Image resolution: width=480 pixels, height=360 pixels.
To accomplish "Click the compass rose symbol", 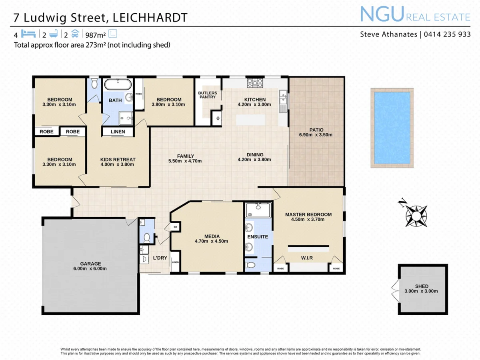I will click(416, 215).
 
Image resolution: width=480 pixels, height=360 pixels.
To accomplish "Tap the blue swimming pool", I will click(392, 128).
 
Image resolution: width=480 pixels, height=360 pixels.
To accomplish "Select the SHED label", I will click(422, 286).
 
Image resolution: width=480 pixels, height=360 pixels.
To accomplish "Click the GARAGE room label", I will click(90, 264).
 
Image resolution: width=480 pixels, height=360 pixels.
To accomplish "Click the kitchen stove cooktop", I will click(255, 83).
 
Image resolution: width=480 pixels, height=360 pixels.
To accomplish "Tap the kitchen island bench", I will click(251, 120).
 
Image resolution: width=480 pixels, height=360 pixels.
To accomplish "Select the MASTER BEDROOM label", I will click(308, 214).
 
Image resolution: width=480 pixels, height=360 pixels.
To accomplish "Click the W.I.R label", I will click(307, 258).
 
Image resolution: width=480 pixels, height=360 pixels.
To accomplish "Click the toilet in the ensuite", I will click(251, 265).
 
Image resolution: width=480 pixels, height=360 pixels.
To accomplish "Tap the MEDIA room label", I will click(211, 236).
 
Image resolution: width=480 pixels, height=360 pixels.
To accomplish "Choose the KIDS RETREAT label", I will click(118, 160).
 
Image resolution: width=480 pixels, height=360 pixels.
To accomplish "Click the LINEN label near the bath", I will click(118, 132).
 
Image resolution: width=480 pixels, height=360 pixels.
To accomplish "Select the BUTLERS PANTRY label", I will click(208, 95).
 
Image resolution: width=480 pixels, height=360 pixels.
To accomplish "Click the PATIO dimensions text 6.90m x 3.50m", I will click(316, 135).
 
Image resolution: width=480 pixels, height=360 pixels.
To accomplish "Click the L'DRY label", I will click(160, 258).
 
